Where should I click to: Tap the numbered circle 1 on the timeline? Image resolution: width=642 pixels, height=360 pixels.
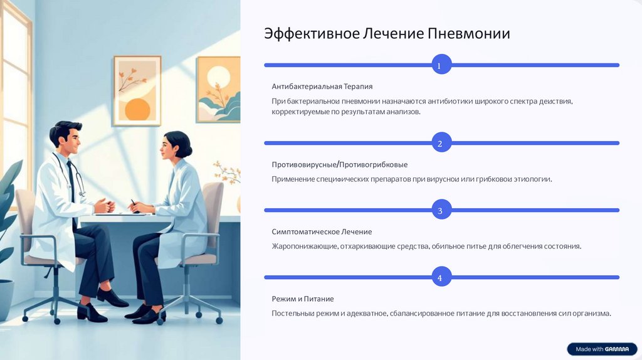point(440,65)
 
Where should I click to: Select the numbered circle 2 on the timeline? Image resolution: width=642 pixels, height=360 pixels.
point(440,144)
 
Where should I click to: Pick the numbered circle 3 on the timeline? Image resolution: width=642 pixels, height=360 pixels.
point(440,210)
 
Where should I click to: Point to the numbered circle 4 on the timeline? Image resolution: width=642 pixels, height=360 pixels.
point(440,277)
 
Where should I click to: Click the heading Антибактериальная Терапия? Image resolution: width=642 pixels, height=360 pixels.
point(322,86)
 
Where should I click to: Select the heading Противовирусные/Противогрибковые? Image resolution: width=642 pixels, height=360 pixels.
point(340,164)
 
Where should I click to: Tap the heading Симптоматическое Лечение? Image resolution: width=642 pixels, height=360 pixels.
point(322,231)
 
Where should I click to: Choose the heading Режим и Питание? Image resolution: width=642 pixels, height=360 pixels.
point(303,299)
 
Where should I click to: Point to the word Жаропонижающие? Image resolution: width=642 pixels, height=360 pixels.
point(305,246)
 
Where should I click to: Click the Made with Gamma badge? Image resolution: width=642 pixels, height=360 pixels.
point(602,349)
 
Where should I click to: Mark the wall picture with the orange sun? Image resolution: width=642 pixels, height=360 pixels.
point(137,91)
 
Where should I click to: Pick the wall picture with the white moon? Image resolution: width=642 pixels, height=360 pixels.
point(218,89)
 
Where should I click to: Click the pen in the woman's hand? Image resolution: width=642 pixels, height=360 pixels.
point(133,203)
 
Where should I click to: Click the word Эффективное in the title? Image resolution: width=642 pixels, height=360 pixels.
point(311,33)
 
